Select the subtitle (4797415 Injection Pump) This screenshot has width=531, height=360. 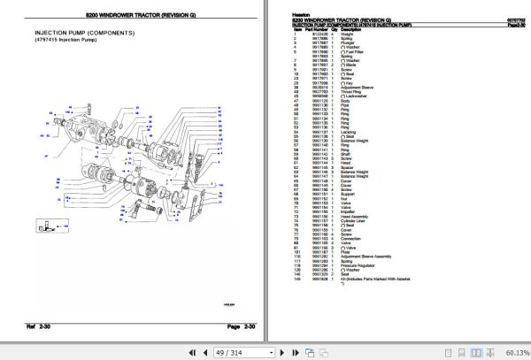pyautogui.click(x=66, y=41)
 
